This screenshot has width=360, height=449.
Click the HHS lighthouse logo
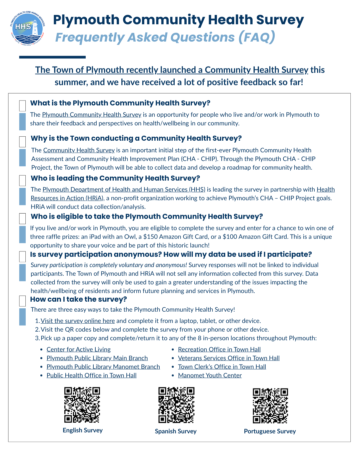point(27,29)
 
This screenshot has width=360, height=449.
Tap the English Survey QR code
point(82,405)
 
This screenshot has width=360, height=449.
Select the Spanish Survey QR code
point(176,405)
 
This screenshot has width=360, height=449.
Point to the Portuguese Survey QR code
point(270,405)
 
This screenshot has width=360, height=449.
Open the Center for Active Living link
point(79,350)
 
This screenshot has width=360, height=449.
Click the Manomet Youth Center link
point(210,375)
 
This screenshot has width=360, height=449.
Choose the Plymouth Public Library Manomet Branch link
point(103,367)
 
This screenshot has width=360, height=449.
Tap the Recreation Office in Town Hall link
point(219,350)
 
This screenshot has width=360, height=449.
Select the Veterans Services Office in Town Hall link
point(229,358)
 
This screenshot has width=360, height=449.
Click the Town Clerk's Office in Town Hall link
point(222,367)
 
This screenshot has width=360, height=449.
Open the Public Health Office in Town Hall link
point(91,375)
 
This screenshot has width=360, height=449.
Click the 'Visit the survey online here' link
point(78,321)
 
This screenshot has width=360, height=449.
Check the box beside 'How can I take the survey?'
point(22,301)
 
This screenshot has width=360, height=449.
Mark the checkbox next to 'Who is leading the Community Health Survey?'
point(22,180)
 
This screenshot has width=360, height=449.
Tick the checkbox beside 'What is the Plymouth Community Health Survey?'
point(22,105)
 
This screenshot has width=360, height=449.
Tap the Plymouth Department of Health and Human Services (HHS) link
point(124,190)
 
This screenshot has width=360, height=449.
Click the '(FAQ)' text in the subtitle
point(257,37)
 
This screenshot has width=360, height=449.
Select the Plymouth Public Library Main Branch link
point(97,358)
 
